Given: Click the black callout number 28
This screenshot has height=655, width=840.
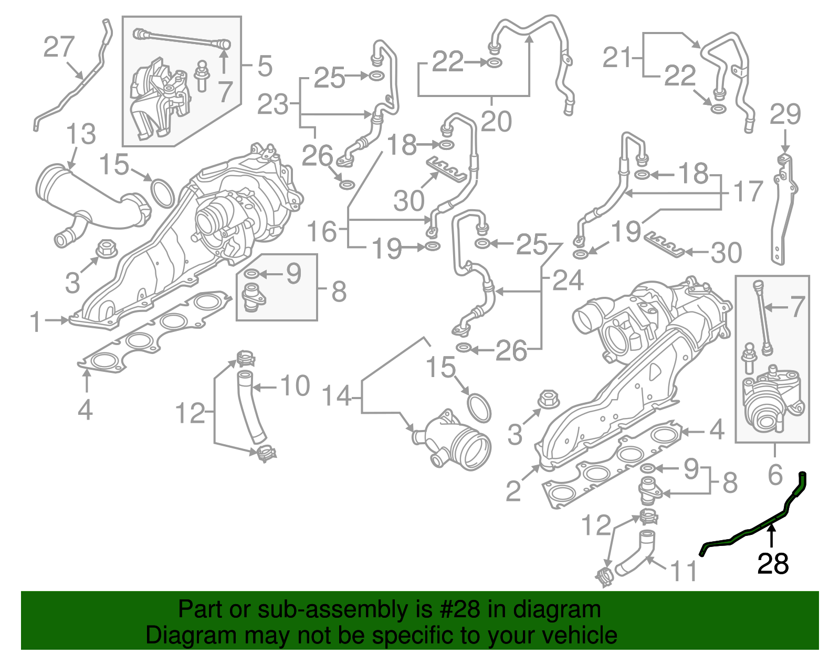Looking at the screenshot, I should pyautogui.click(x=773, y=564).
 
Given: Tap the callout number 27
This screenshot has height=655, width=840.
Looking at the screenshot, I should pyautogui.click(x=59, y=47).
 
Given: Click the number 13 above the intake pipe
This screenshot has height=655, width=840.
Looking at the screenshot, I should pyautogui.click(x=81, y=134).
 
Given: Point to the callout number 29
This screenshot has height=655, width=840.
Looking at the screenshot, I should pyautogui.click(x=785, y=114).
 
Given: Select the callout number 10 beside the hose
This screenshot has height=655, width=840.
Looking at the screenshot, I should pyautogui.click(x=296, y=386).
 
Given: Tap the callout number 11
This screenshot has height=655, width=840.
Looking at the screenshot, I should pyautogui.click(x=684, y=571).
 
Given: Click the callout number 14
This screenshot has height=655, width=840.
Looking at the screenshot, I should pyautogui.click(x=337, y=396).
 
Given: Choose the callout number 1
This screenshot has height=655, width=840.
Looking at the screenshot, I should pyautogui.click(x=35, y=321).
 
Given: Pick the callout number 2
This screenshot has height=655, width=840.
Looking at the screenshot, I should pyautogui.click(x=514, y=491).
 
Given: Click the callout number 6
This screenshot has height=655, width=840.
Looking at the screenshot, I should pyautogui.click(x=775, y=475).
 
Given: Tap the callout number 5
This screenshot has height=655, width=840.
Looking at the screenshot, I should pyautogui.click(x=265, y=67).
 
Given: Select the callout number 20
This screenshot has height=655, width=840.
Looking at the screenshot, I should pyautogui.click(x=496, y=122).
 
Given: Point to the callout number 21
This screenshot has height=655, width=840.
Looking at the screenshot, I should pyautogui.click(x=618, y=57).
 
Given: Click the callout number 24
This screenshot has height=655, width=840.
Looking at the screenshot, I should pyautogui.click(x=568, y=281).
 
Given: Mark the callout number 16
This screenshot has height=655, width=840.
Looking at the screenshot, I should pyautogui.click(x=321, y=231).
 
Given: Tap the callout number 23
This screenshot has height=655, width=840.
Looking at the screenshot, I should pyautogui.click(x=273, y=105).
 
